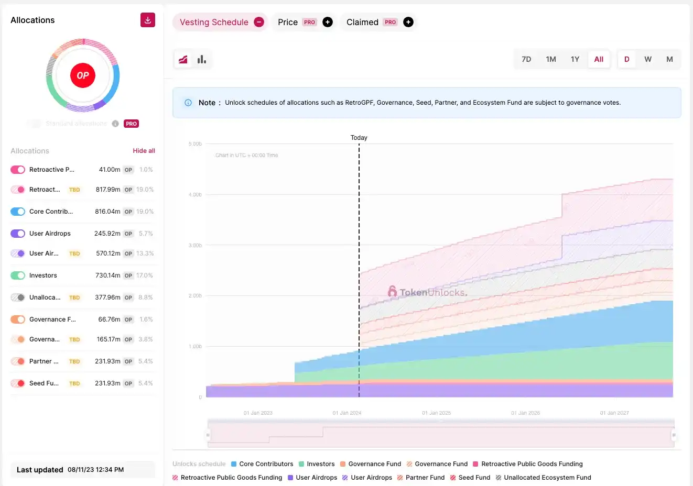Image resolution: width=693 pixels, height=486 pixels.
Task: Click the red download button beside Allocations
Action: click(x=148, y=20)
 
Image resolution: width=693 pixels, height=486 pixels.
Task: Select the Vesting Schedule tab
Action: click(x=214, y=22)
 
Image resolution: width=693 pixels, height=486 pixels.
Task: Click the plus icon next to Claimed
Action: click(x=408, y=22)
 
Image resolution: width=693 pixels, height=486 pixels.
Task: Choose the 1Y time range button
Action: click(x=575, y=59)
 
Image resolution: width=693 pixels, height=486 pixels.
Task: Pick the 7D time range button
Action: click(x=526, y=59)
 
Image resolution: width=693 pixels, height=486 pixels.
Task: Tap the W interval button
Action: click(x=648, y=59)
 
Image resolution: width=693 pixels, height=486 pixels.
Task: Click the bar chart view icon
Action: click(x=202, y=59)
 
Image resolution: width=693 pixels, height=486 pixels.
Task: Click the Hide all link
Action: click(x=144, y=151)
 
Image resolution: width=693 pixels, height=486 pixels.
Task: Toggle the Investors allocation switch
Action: click(x=18, y=275)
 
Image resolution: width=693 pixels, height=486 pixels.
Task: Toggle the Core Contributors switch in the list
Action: click(x=18, y=212)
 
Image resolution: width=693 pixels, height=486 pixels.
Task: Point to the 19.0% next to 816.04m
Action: click(x=145, y=212)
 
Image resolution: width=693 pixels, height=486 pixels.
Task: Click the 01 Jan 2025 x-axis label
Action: click(x=436, y=413)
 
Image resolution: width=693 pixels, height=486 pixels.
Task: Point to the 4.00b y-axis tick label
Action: click(x=195, y=195)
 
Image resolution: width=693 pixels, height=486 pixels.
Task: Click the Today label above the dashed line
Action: click(x=359, y=138)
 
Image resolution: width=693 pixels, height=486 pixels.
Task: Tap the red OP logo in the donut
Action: click(x=83, y=75)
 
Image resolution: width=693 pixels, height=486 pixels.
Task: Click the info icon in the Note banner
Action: click(x=188, y=103)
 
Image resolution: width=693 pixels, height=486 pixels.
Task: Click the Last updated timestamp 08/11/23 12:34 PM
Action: click(x=95, y=470)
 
